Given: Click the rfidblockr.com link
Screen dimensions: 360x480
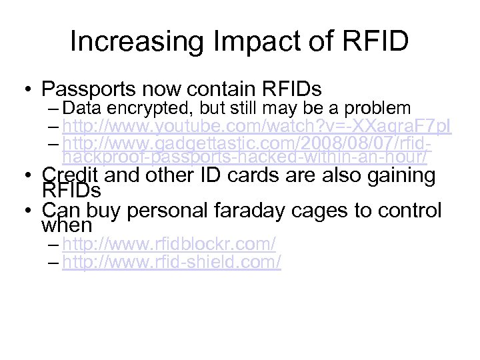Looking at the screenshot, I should click(169, 245).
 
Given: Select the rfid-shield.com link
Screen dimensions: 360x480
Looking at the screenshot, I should click(171, 263).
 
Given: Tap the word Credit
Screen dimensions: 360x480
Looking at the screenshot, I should click(69, 175).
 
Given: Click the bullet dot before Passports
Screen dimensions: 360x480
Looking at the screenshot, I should click(28, 89).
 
